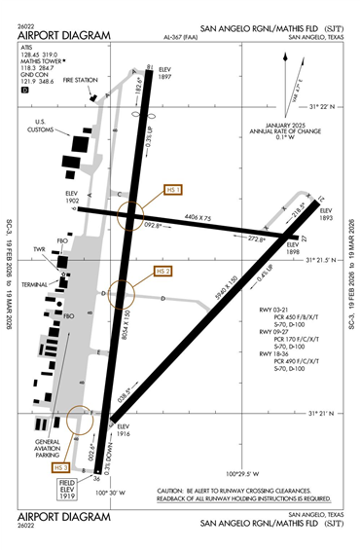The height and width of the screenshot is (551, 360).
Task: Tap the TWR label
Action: [x=40, y=250]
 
